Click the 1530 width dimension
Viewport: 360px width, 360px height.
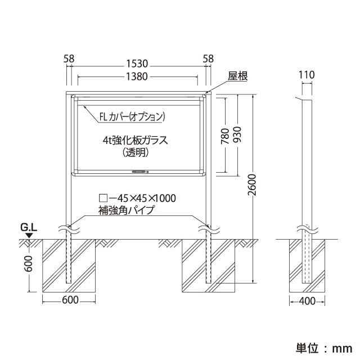pyautogui.click(x=137, y=64)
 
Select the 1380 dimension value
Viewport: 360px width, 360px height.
pyautogui.click(x=137, y=76)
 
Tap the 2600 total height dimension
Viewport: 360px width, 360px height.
pyautogui.click(x=253, y=184)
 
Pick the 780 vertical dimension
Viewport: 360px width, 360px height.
pyautogui.click(x=225, y=136)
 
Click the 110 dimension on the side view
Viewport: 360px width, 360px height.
pyautogui.click(x=307, y=75)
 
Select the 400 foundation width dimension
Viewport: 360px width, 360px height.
pyautogui.click(x=307, y=301)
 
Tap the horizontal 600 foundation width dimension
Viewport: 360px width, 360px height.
pyautogui.click(x=70, y=300)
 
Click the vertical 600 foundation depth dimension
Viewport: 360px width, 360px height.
pyautogui.click(x=29, y=264)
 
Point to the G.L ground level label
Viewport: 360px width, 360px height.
pyautogui.click(x=29, y=227)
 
